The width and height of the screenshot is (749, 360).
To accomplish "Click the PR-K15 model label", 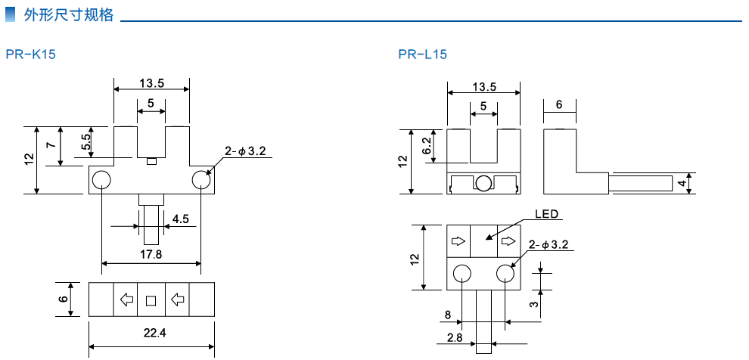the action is pos(30,54).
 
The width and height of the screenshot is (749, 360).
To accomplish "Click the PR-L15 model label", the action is pos(423,54).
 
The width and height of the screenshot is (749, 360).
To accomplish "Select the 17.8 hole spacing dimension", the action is pos(152,254).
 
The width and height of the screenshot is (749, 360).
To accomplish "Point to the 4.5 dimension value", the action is pos(180,219).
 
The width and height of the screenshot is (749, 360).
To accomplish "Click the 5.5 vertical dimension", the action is pos(86,141).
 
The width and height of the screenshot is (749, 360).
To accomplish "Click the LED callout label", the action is pos(546,213).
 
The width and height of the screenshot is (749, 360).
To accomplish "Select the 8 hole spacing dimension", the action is pos(448,315).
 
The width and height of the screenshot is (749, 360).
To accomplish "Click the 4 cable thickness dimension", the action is pos(683,183).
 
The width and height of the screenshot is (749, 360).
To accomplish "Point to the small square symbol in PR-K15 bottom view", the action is pos(151,300).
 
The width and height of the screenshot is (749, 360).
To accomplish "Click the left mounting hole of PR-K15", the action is pos(101,180).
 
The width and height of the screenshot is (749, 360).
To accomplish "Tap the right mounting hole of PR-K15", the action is pos(201,180).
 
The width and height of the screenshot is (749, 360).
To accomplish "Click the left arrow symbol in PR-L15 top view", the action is pos(458,241).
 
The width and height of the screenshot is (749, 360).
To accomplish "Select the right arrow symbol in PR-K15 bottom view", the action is pos(177,299).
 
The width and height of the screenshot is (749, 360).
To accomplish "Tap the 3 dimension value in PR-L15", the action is pos(536,304).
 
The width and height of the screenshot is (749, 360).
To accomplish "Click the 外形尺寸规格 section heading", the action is pos(69,15).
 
